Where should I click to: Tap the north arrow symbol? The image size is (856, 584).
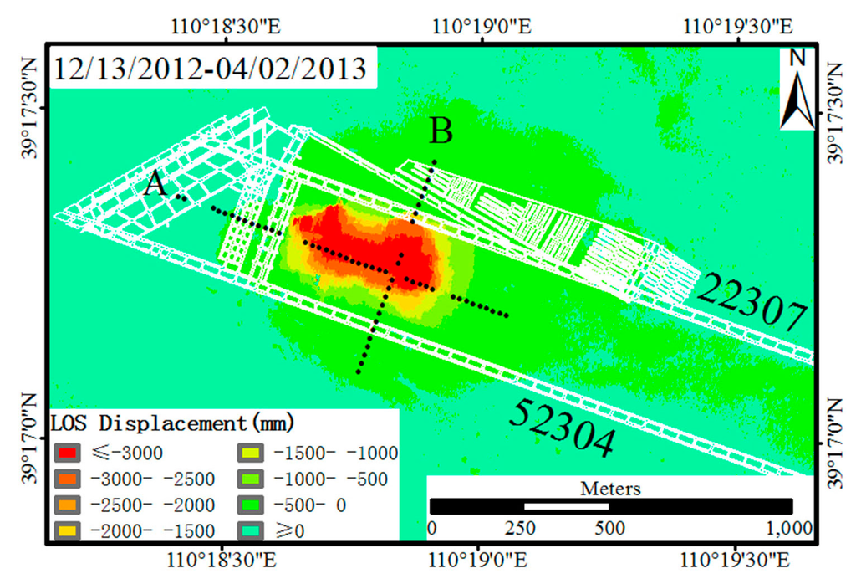797,88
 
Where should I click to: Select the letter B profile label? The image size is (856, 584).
441,131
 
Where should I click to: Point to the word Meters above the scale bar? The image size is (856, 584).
610,489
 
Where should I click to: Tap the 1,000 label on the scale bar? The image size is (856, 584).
789,528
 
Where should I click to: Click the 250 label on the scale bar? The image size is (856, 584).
520,528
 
